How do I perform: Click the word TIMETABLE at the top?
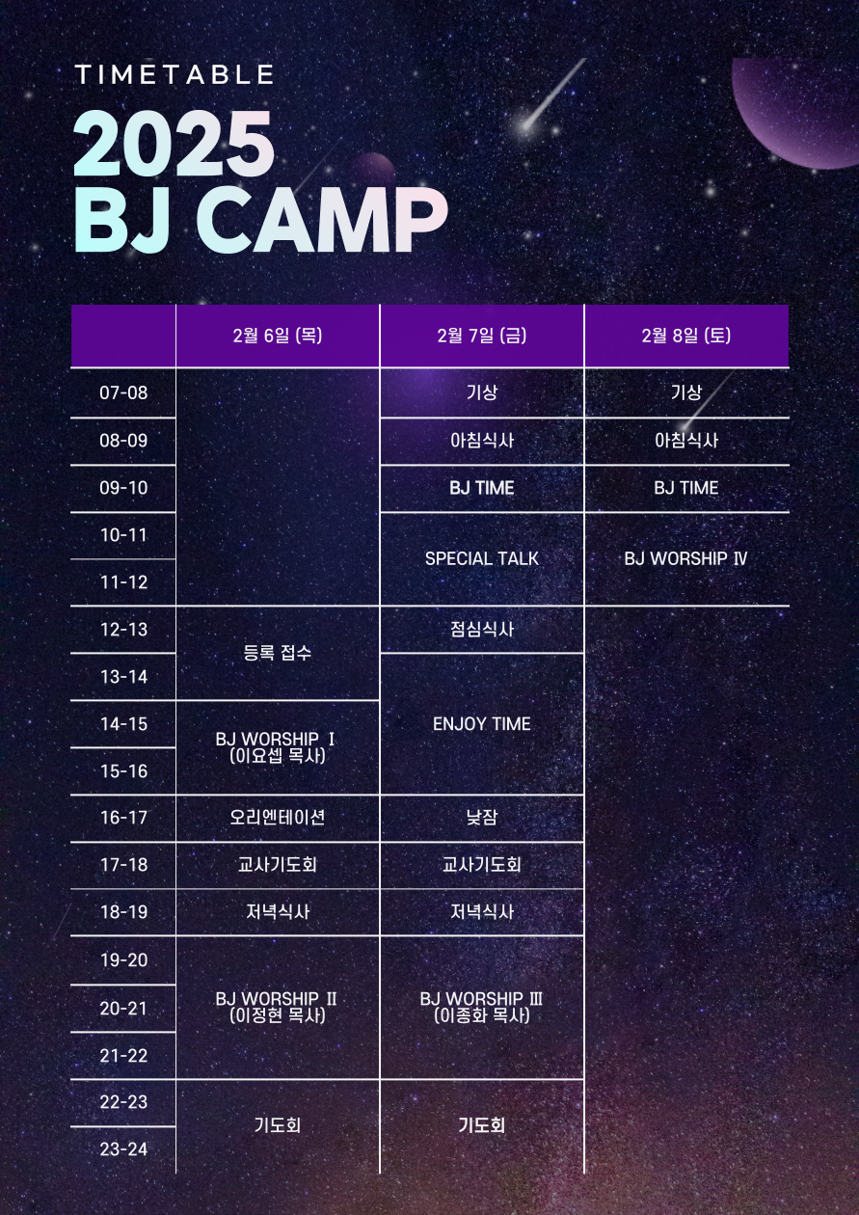click(174, 74)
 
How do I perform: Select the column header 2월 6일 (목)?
click(278, 336)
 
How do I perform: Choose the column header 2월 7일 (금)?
click(482, 336)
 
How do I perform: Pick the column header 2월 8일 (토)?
click(686, 336)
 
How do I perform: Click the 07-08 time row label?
click(123, 392)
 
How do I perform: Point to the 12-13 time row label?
click(123, 629)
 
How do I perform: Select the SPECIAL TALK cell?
click(482, 558)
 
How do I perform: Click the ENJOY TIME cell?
click(482, 723)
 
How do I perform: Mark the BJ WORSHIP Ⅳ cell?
click(686, 558)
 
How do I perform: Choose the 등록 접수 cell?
click(278, 653)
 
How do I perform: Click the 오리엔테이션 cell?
click(278, 817)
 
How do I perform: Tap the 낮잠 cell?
click(482, 817)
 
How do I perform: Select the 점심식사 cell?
click(482, 629)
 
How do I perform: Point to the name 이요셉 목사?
click(278, 756)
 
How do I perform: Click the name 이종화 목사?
click(482, 1015)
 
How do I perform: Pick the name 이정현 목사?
click(278, 1015)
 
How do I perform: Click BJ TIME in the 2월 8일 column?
click(686, 488)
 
